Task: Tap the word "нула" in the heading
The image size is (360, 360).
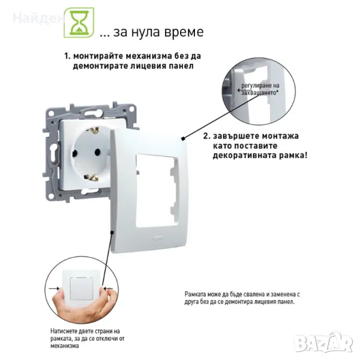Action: pos(146,32)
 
